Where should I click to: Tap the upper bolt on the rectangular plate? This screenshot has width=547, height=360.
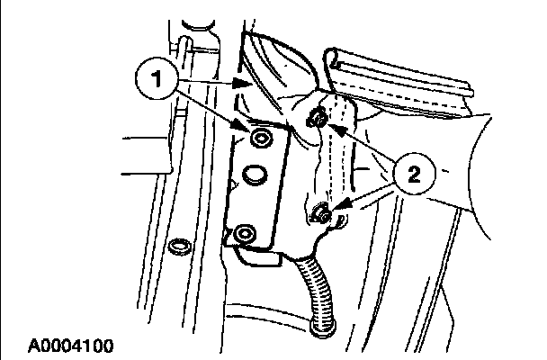click(260, 138)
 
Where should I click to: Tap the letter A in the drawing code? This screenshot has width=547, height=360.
click(32, 345)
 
